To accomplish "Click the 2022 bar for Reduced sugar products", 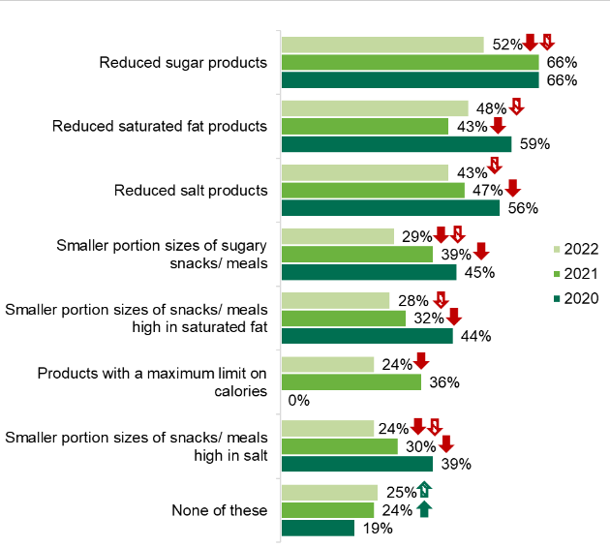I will [x=382, y=45].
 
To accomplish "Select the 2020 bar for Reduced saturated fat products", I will [x=396, y=144].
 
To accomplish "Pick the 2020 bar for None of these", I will [x=318, y=528].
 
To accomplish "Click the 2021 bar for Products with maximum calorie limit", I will [x=351, y=382].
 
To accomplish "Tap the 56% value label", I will [x=522, y=208].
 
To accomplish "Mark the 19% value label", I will [x=377, y=529].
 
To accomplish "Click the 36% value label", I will [x=443, y=382].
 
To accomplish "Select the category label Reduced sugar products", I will [x=183, y=63].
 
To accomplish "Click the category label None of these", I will [x=219, y=509].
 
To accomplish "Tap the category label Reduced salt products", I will [x=191, y=190].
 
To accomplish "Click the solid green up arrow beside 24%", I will [x=423, y=508].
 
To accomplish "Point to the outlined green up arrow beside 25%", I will [x=425, y=491].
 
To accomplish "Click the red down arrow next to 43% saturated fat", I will [x=498, y=126].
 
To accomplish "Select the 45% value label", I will [x=478, y=272].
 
